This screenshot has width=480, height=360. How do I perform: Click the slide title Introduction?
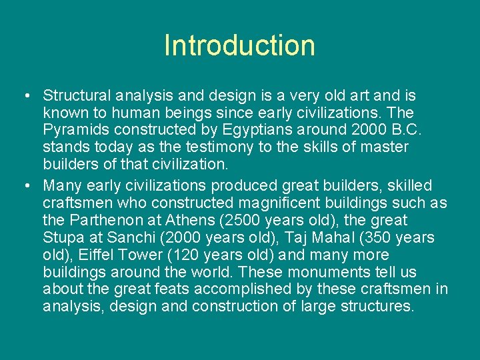[x=239, y=45]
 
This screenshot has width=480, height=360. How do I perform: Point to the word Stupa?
[x=63, y=238]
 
